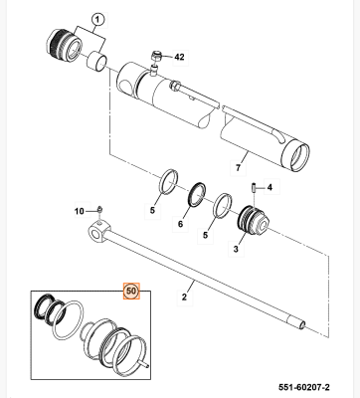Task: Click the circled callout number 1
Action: point(97,19)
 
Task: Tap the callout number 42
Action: point(180,57)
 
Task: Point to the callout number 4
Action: point(270,188)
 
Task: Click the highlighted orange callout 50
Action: point(130,292)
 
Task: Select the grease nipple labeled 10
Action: point(101,208)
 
